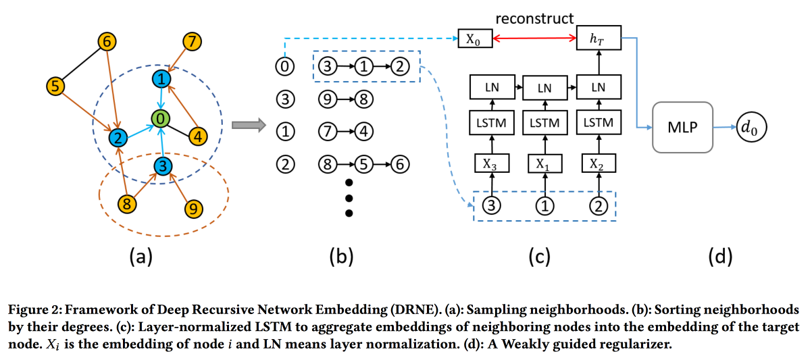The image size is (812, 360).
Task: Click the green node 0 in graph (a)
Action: click(x=159, y=120)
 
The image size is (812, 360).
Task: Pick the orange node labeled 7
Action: click(x=193, y=41)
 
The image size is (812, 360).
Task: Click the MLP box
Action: click(x=683, y=127)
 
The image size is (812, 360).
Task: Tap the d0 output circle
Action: click(x=751, y=127)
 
